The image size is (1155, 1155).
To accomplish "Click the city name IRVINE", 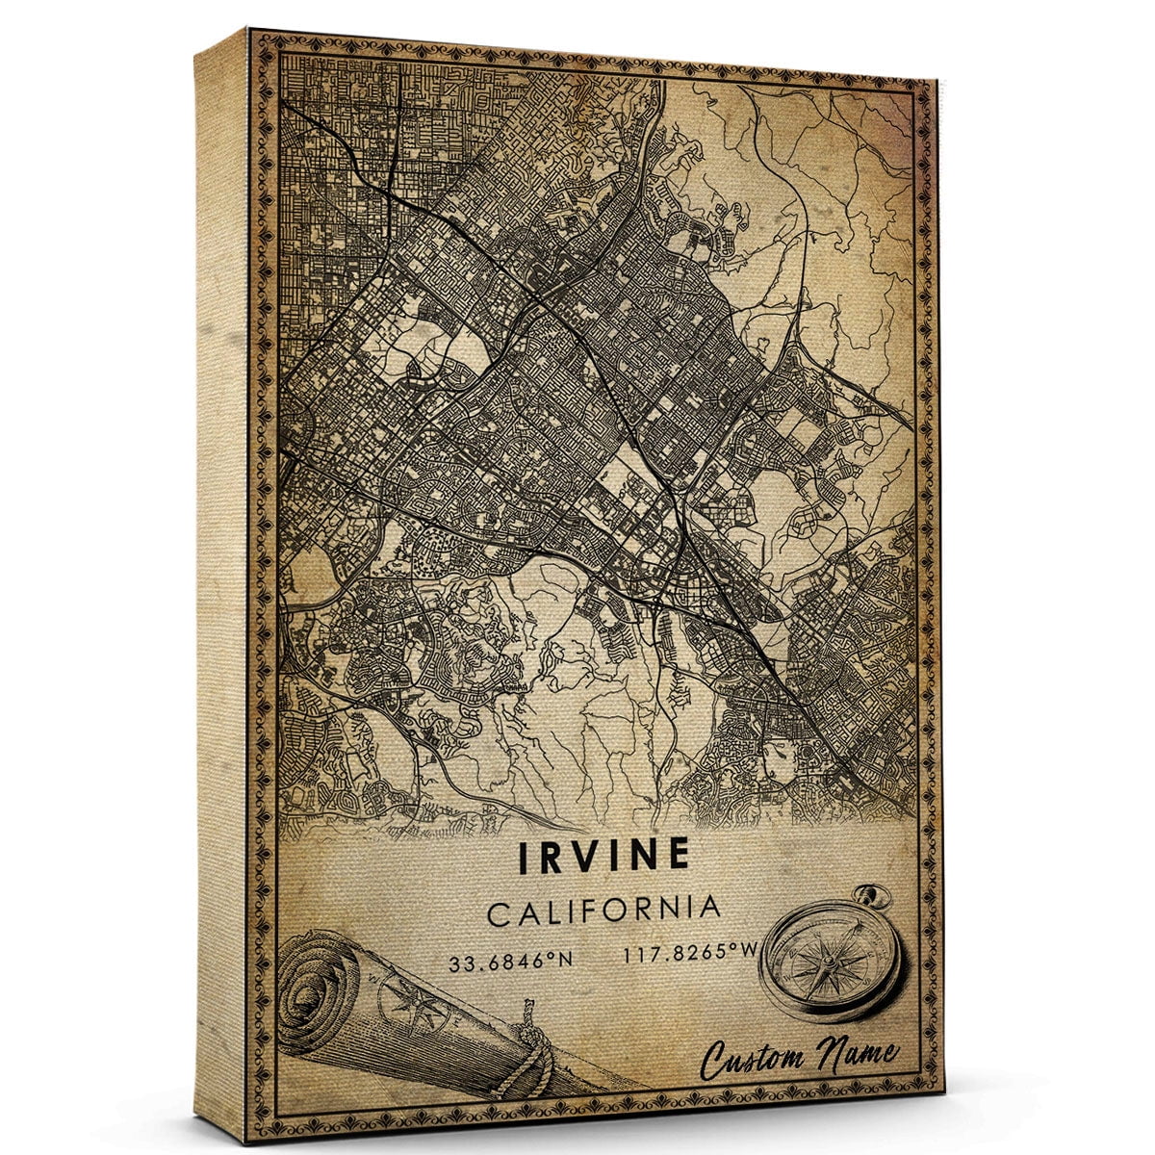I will tap(604, 857).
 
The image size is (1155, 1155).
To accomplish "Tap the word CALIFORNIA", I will tap(603, 910).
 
